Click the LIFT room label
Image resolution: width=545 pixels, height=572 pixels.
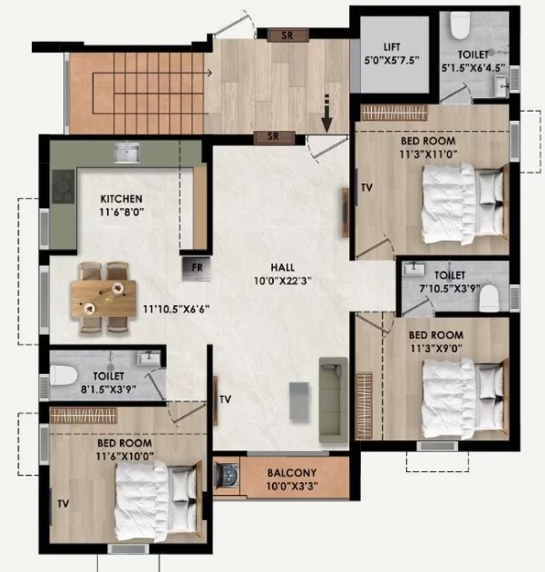392,47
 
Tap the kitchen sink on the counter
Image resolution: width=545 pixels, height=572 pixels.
126,153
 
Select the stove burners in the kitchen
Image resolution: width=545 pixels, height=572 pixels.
63,186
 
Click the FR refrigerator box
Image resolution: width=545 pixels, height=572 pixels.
197,269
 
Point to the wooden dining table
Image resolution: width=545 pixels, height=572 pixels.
103,299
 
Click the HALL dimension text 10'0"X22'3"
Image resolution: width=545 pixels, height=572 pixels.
283,281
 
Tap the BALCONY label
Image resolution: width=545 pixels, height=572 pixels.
292,473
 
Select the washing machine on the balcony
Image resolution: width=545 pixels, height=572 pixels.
226,476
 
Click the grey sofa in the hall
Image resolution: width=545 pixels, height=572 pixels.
334,399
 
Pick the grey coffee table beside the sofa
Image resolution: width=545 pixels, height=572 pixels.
299,401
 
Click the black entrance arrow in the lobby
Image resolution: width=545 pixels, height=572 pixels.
326,113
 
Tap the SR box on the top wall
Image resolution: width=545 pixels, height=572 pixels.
287,35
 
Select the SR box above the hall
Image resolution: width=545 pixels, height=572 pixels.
274,137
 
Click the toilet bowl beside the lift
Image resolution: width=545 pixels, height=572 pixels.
460,25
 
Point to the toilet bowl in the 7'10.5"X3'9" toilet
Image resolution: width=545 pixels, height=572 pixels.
489,298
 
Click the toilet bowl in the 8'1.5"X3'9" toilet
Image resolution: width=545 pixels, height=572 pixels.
63,376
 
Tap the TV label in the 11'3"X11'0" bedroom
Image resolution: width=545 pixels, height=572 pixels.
367,188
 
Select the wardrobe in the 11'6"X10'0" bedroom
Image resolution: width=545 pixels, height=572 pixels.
83,416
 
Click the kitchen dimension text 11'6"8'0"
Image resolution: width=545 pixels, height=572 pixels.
122,212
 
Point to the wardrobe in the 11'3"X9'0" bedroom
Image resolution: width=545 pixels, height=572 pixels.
364,405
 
